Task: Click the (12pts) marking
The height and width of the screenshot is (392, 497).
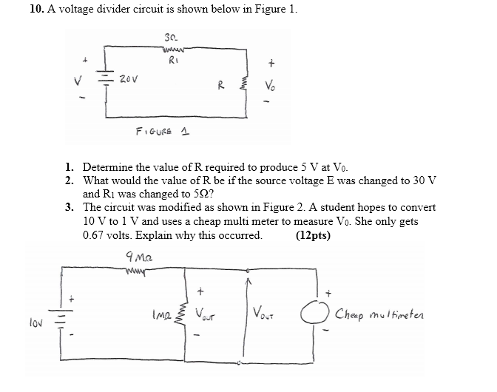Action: [x=313, y=236]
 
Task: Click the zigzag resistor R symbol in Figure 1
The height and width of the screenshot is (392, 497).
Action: [x=242, y=85]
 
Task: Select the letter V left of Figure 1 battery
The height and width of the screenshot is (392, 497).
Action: [x=87, y=80]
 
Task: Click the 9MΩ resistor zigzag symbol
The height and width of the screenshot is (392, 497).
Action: [x=139, y=270]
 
